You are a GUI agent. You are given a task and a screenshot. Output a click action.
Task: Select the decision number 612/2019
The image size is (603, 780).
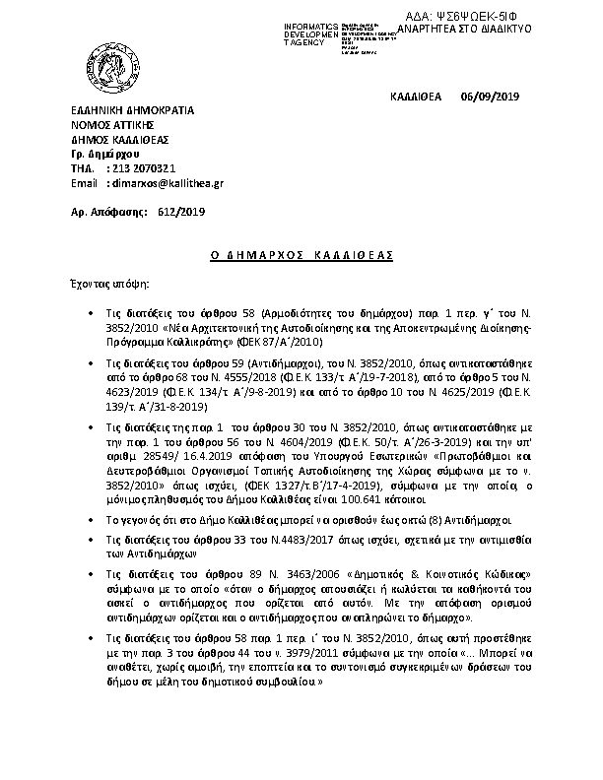178,212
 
